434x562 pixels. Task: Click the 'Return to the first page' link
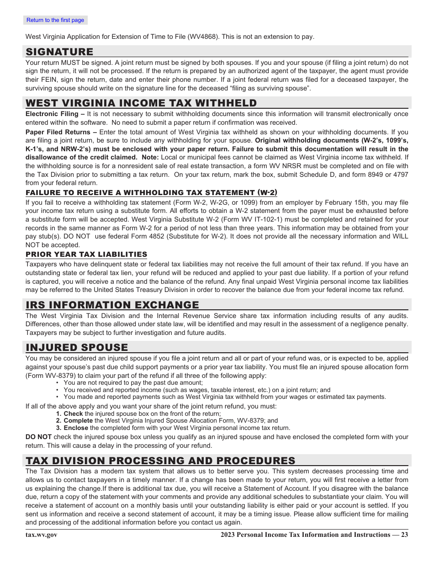[55, 20]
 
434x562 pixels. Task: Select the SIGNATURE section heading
[59, 52]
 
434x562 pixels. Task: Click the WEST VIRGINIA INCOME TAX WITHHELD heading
[141, 103]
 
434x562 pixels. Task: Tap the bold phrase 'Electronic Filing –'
[55, 114]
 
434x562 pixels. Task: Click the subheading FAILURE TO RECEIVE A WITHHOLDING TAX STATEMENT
[151, 192]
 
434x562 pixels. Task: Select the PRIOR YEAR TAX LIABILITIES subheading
[86, 254]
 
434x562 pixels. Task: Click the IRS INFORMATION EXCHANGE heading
[112, 305]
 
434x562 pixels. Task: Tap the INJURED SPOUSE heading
[77, 347]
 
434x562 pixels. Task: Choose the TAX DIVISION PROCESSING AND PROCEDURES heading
[160, 460]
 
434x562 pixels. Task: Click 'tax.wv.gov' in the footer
[42, 535]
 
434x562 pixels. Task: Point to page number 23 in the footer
[404, 535]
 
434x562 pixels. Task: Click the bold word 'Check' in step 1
[73, 414]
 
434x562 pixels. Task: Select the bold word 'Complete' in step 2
[78, 420]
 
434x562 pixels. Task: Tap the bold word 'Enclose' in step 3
[76, 428]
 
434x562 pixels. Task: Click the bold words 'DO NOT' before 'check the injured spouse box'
[38, 437]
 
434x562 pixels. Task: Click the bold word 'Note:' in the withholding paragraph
[150, 158]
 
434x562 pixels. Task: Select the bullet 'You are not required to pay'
[133, 383]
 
